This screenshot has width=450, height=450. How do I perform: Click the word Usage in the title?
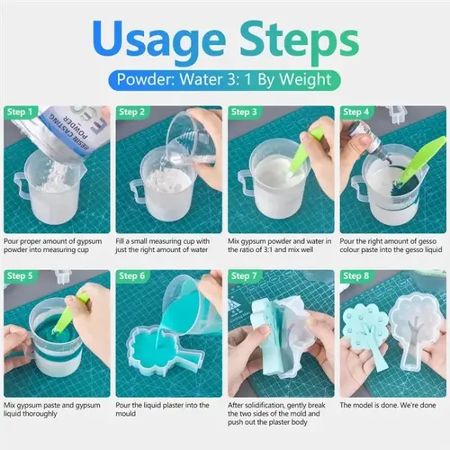coord(160,41)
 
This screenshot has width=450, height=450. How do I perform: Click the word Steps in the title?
coord(300,41)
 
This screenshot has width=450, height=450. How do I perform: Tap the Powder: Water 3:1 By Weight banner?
coord(224,80)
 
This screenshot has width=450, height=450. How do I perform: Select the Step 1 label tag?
coord(21,112)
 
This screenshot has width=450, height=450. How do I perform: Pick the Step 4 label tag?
coord(356,112)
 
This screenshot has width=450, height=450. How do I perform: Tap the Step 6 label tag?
coord(132,276)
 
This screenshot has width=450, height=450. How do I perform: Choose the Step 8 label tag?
coord(356,276)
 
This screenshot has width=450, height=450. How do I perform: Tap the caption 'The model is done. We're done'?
coord(388,405)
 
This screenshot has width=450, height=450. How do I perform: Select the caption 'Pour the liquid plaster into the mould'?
coord(162,409)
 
